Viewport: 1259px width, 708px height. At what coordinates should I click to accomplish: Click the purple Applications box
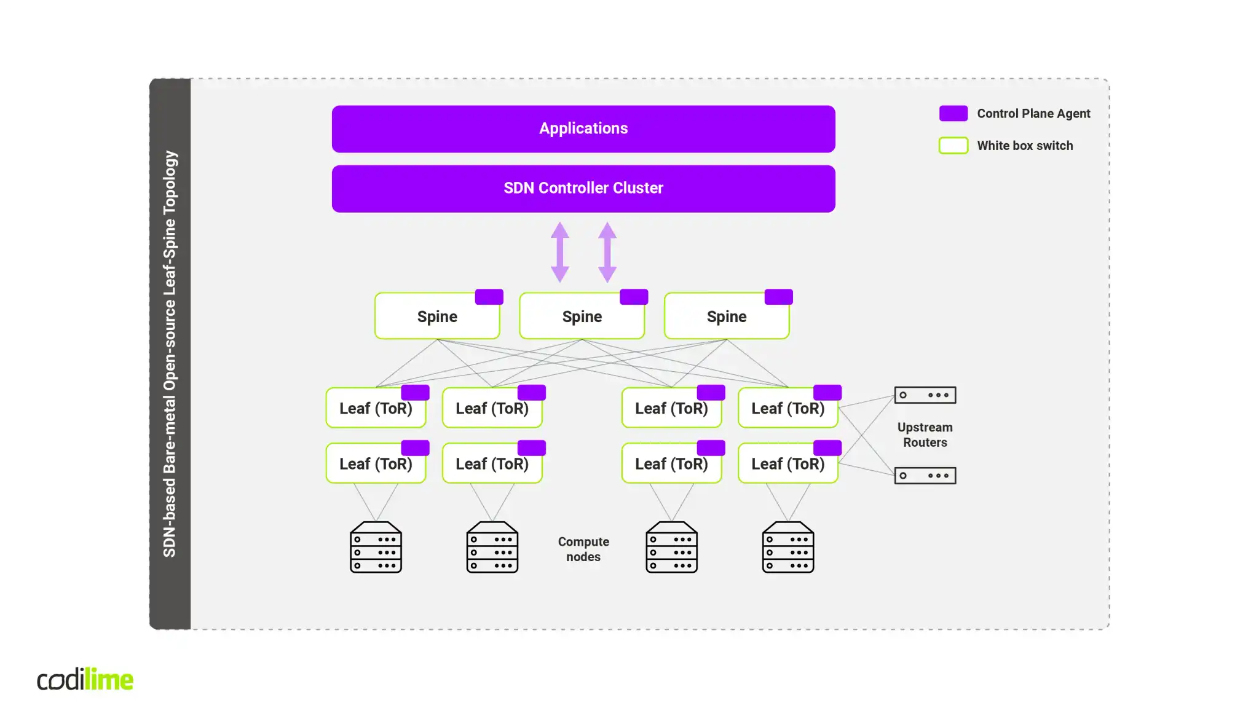pos(583,128)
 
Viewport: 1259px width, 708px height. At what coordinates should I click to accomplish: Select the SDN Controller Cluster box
pos(583,188)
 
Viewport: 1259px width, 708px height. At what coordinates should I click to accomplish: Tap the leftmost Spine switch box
pos(437,317)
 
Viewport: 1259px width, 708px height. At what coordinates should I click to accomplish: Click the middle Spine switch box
pos(582,317)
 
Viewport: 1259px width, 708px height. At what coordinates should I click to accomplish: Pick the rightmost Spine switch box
pos(726,317)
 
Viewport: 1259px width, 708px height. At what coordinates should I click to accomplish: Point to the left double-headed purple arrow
pos(559,252)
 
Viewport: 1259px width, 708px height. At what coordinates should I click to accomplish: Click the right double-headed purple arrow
pos(607,252)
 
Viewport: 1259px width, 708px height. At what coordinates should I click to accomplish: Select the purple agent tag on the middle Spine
pos(634,297)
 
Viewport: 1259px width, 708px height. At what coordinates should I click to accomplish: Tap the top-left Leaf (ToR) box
pos(376,409)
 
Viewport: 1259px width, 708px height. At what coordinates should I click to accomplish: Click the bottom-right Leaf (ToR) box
pos(787,464)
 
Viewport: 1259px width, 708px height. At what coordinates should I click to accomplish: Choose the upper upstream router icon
pos(925,395)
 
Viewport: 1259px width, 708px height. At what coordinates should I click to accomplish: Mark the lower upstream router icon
pos(925,475)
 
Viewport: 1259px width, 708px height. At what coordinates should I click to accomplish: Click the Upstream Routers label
pos(925,435)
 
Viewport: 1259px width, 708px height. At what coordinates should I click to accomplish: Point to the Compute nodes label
pos(583,549)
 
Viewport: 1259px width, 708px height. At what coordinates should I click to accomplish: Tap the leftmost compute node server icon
pos(376,547)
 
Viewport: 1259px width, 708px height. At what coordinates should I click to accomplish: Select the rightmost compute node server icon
pos(787,547)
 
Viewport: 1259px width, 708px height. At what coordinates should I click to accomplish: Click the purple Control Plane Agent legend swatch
pos(953,113)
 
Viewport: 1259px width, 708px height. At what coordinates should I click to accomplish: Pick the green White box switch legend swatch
pos(953,146)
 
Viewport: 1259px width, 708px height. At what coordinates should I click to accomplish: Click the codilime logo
pos(85,679)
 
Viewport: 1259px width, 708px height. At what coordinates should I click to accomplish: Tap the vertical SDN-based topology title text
pos(170,353)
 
